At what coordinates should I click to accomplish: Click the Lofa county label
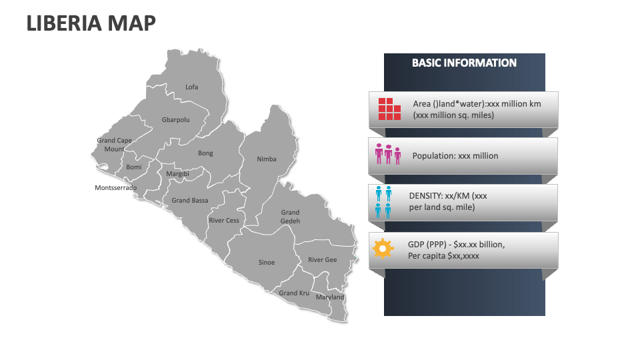tap(191, 87)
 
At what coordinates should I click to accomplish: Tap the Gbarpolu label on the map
tap(175, 120)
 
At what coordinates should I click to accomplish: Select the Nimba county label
tap(267, 159)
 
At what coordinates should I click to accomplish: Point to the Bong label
tap(205, 153)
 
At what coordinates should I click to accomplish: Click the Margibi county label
tap(177, 173)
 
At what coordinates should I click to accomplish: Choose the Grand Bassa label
tap(190, 200)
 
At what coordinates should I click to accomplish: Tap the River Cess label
tap(224, 220)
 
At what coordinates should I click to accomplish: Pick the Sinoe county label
tap(267, 262)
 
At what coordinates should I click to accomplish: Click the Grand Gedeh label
tap(290, 217)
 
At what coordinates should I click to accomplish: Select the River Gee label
tap(322, 260)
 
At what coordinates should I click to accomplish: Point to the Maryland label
tap(330, 297)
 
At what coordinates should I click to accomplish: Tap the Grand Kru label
tap(294, 293)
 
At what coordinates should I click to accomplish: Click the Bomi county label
tap(134, 167)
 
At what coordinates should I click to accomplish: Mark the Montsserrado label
tap(116, 188)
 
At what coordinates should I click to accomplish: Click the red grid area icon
tap(389, 109)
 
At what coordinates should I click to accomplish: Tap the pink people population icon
tap(388, 155)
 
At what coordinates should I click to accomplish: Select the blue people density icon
tap(383, 202)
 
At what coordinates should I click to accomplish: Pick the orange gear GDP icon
tap(383, 249)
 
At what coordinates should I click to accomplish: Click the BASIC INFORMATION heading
tap(464, 63)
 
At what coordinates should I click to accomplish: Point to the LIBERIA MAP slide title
tap(91, 23)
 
